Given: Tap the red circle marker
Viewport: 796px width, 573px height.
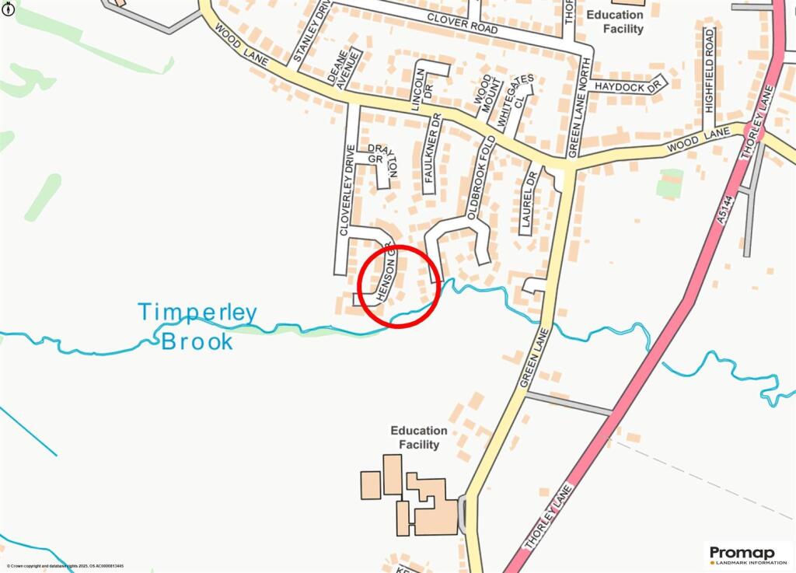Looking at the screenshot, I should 400,285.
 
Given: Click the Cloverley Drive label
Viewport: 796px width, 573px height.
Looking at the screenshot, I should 347,190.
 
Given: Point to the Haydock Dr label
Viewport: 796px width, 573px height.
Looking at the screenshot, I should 630,86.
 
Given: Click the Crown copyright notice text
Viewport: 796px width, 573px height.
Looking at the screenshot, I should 65,567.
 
